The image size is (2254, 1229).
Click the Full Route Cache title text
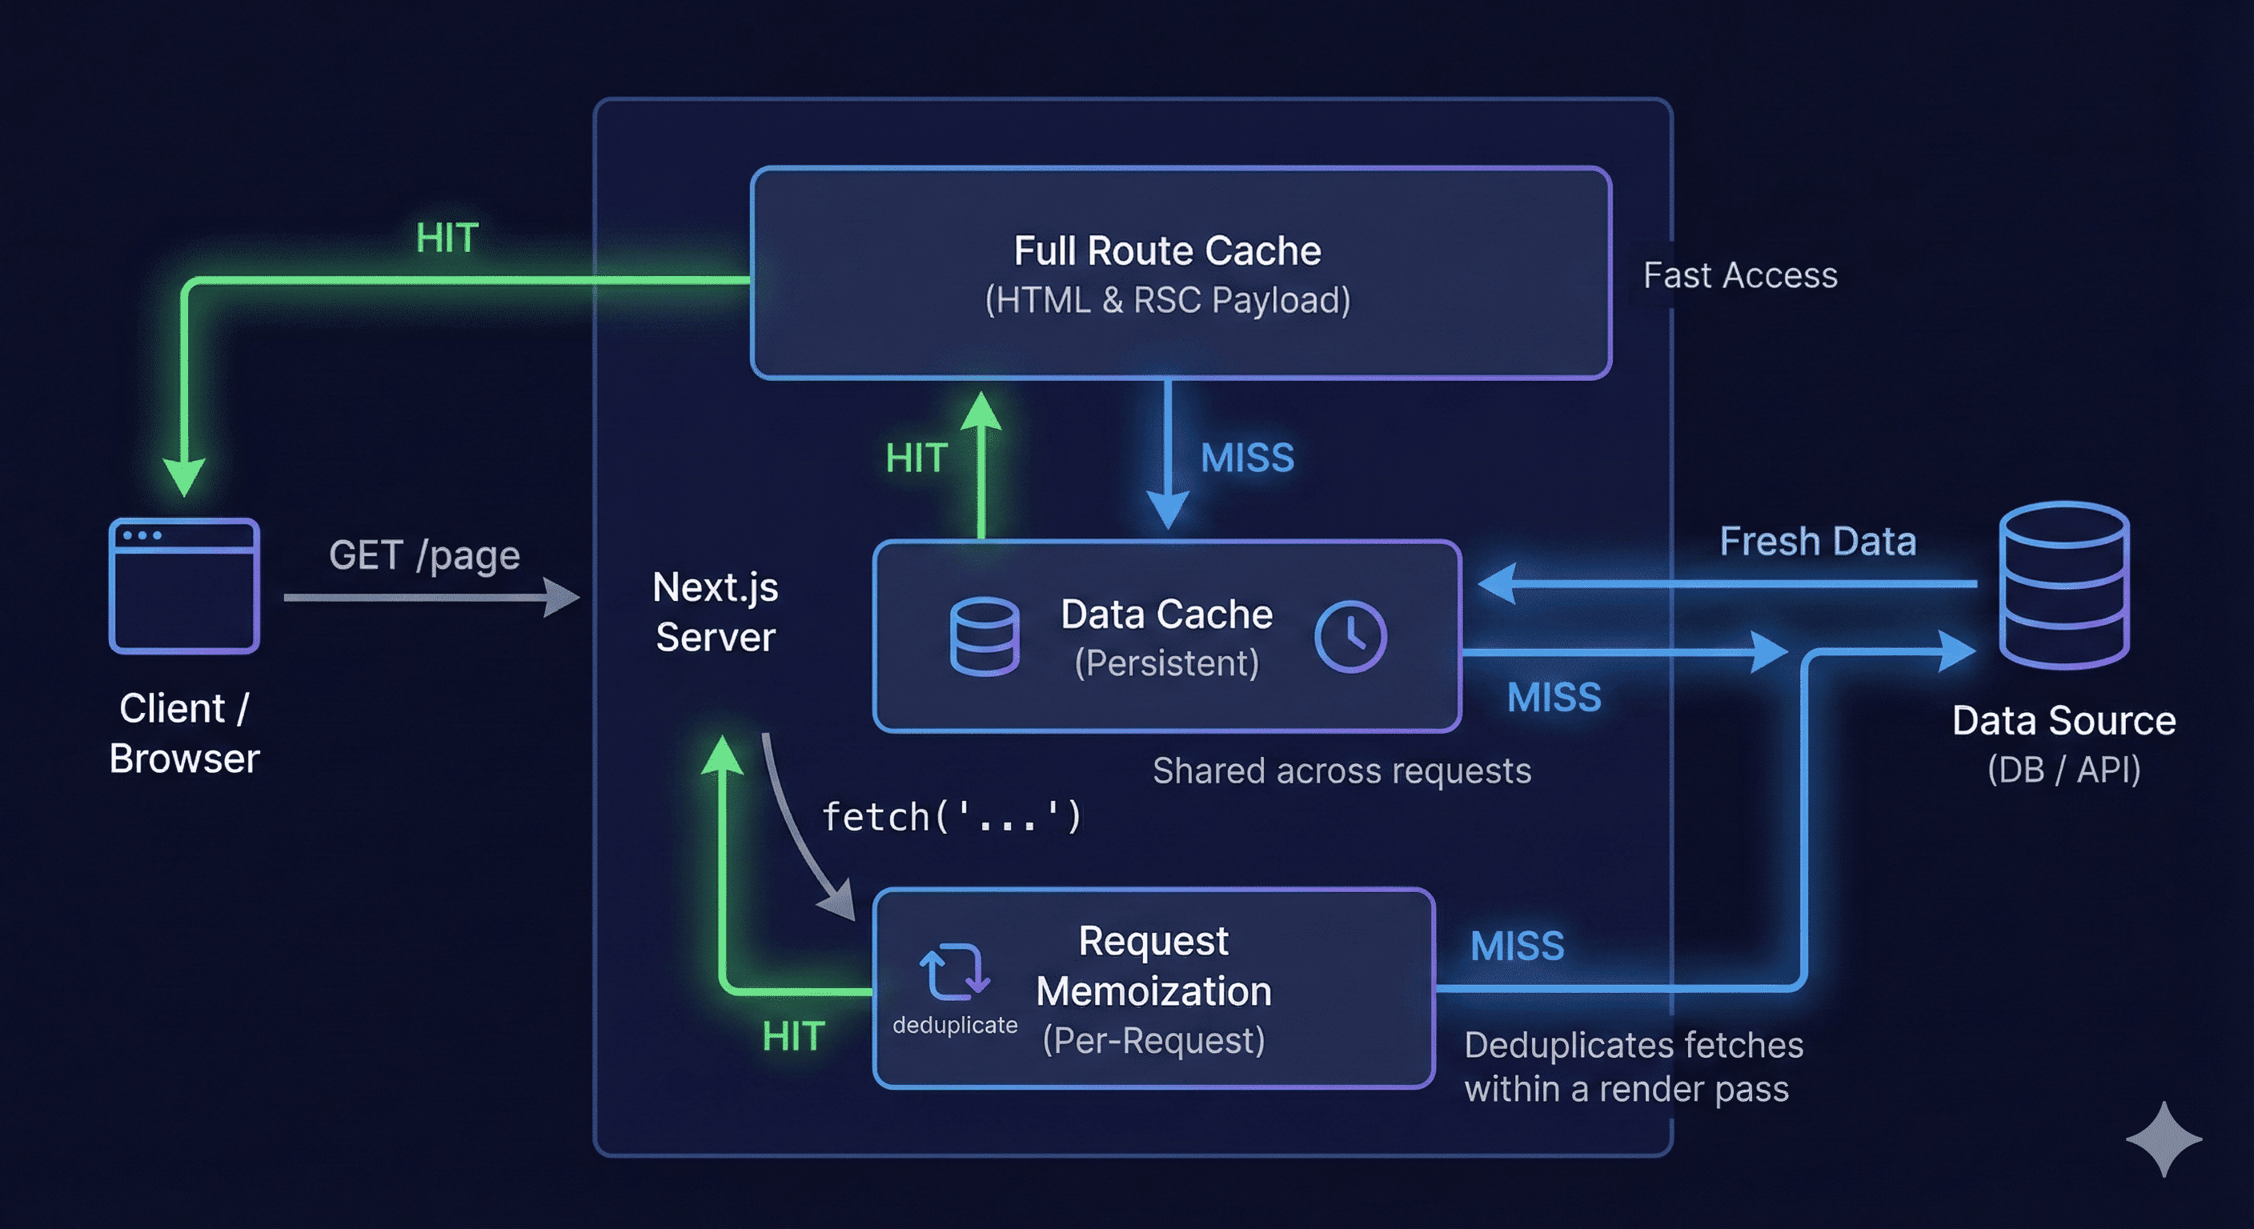(x=1167, y=251)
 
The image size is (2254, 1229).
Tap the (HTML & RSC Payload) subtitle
(x=1167, y=300)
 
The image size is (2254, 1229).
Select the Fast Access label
(x=1739, y=275)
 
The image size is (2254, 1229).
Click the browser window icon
(x=184, y=586)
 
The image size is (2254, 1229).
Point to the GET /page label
(x=424, y=555)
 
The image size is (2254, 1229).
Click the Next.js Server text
(x=715, y=611)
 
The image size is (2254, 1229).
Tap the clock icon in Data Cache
(x=1350, y=636)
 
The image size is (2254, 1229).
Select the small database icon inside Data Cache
(x=985, y=636)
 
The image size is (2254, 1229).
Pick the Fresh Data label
(x=1818, y=542)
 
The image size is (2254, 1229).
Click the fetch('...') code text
(x=951, y=817)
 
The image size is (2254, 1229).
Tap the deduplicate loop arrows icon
(x=954, y=971)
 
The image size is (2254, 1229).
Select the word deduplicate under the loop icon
(x=955, y=1024)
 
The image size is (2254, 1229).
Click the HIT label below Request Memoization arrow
(x=792, y=1036)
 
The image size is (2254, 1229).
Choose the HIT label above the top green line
(x=447, y=238)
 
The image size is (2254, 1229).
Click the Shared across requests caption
(x=1342, y=771)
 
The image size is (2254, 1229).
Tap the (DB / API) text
(x=2063, y=770)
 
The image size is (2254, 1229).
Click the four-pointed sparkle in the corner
(x=2163, y=1139)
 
